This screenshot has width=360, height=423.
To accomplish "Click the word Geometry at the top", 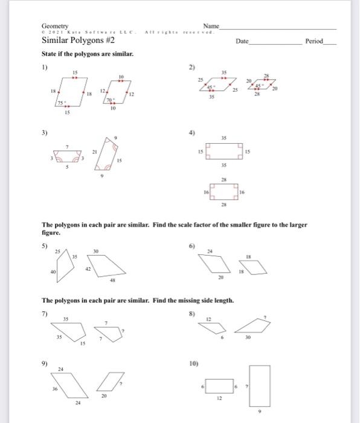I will click(x=55, y=26).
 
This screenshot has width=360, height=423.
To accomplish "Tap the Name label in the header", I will click(x=211, y=26).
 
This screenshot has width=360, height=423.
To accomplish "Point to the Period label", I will click(x=314, y=42).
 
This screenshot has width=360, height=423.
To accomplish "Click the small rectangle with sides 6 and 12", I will click(x=220, y=386).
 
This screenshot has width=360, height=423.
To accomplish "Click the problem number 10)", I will click(x=194, y=364).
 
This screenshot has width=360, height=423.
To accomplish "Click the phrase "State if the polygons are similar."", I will click(x=87, y=54).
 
